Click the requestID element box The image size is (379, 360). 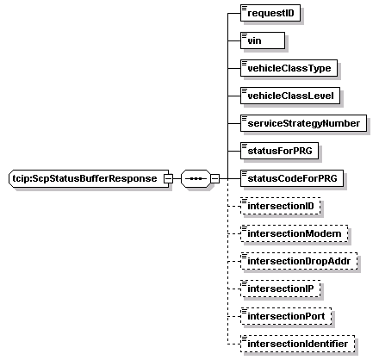click(270, 13)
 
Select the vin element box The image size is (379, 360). click(263, 40)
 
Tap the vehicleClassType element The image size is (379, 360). click(289, 68)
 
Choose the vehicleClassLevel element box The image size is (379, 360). click(290, 96)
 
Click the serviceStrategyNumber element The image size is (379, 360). click(303, 123)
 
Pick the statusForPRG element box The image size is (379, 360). click(279, 151)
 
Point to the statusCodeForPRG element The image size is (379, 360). click(292, 178)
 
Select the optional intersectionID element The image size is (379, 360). click(280, 206)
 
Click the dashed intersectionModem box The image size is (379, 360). click(295, 233)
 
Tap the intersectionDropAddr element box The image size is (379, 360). click(299, 261)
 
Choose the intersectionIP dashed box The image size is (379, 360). click(280, 289)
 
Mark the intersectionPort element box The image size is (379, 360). click(286, 316)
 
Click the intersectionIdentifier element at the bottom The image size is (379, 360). click(297, 344)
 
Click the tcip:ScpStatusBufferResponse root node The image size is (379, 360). click(89, 178)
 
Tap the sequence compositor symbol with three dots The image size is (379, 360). click(196, 178)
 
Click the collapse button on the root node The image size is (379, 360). click(168, 178)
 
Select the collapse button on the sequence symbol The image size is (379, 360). click(215, 178)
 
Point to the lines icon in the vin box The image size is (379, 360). click(245, 35)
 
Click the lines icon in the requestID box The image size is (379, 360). click(245, 8)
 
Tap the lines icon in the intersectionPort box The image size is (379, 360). click(245, 311)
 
